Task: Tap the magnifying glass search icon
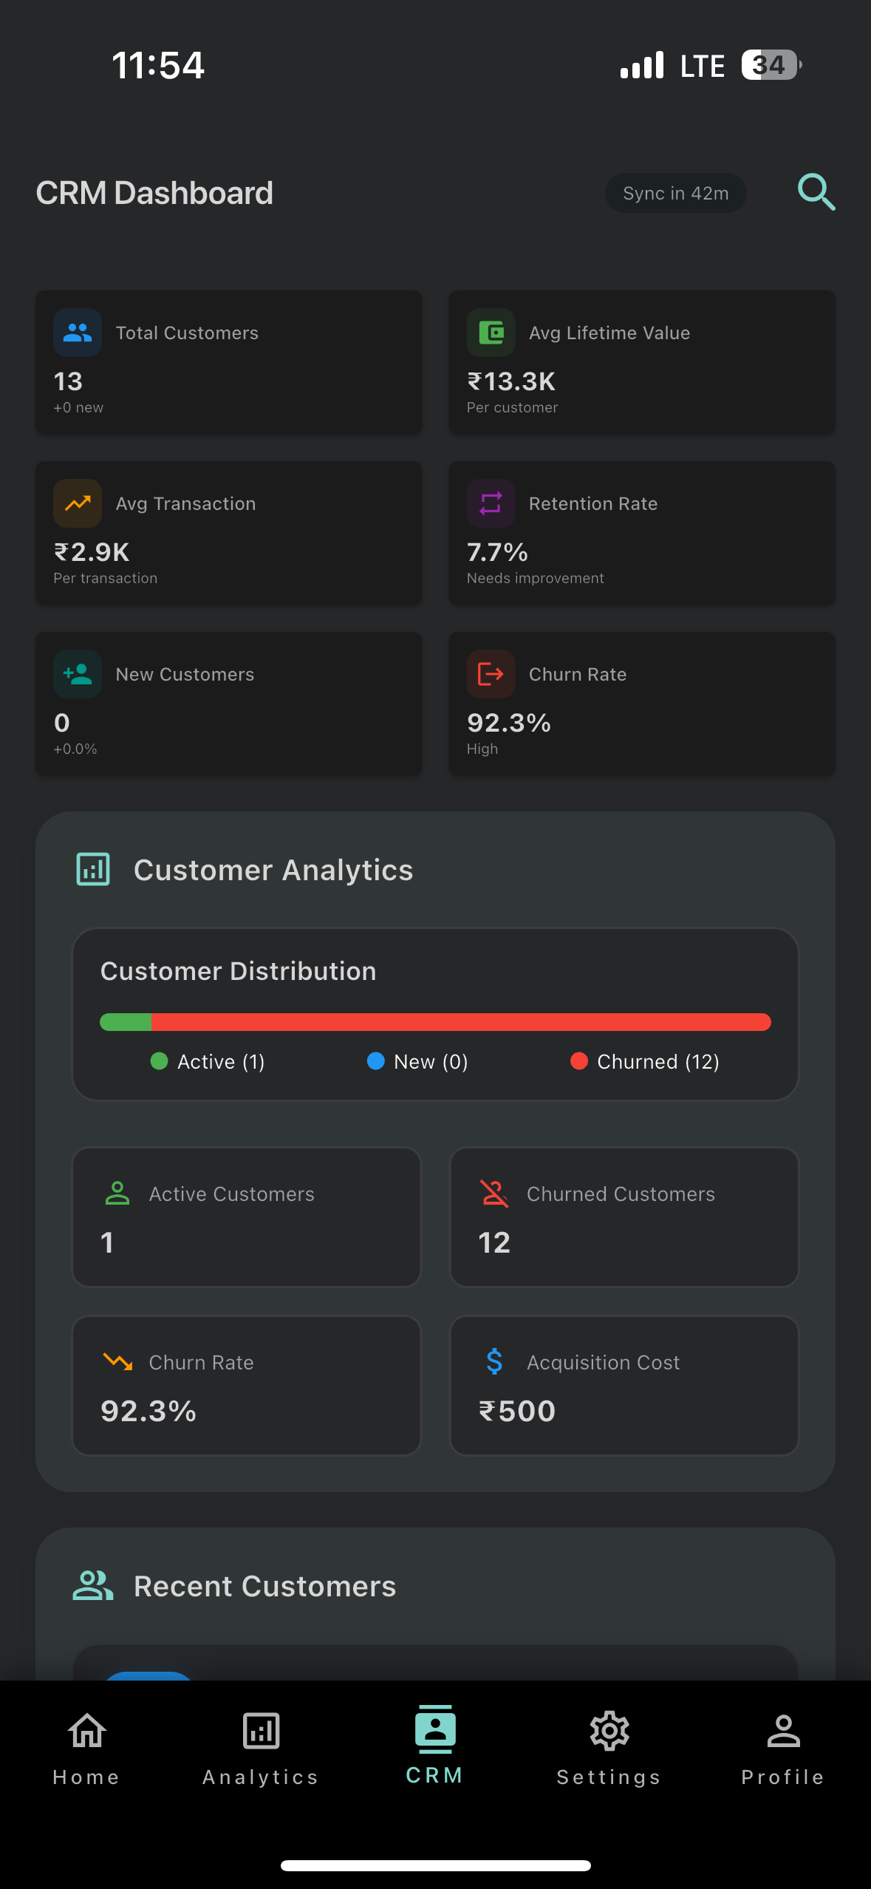click(x=816, y=193)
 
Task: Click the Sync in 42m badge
click(x=675, y=193)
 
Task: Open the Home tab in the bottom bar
click(x=86, y=1746)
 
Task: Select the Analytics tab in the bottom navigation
click(x=261, y=1746)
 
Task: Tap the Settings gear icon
click(x=609, y=1732)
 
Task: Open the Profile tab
click(x=783, y=1746)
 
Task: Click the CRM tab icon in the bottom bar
click(x=435, y=1729)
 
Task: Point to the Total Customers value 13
click(x=68, y=381)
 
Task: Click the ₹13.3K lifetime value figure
click(x=511, y=381)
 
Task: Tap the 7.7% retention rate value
click(x=497, y=552)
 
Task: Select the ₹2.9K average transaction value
click(x=92, y=552)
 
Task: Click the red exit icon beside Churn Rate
click(x=491, y=674)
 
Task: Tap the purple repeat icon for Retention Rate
click(x=491, y=503)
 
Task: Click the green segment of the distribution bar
click(x=126, y=1022)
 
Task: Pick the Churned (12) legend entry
click(x=645, y=1062)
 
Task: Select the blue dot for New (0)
click(x=376, y=1061)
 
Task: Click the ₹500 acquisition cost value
click(x=517, y=1411)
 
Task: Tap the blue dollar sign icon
click(x=494, y=1361)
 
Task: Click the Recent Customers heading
click(x=264, y=1586)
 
